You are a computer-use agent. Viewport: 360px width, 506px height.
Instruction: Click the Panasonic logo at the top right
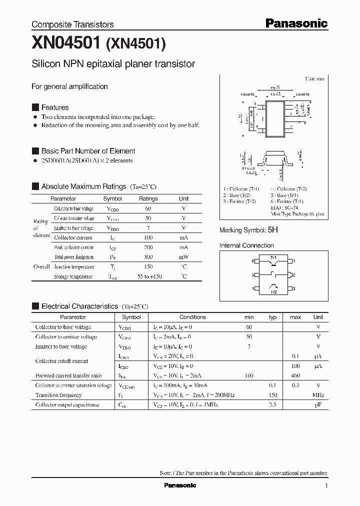pyautogui.click(x=296, y=23)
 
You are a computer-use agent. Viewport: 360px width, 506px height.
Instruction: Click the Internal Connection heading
pyautogui.click(x=246, y=245)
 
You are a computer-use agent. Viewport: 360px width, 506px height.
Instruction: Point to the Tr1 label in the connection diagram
pyautogui.click(x=273, y=257)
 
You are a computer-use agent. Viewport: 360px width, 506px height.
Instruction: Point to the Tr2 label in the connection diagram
pyautogui.click(x=273, y=292)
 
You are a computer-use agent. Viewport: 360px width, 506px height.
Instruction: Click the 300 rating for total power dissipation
pyautogui.click(x=148, y=256)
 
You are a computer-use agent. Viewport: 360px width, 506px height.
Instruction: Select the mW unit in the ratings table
pyautogui.click(x=183, y=256)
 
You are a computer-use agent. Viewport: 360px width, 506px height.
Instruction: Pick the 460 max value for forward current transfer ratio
pyautogui.click(x=295, y=375)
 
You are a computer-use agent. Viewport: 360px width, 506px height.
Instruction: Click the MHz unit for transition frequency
pyautogui.click(x=318, y=395)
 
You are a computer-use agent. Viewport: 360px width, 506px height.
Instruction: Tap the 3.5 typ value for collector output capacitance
pyautogui.click(x=272, y=405)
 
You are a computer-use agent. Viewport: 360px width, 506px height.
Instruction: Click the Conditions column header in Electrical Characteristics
pyautogui.click(x=192, y=317)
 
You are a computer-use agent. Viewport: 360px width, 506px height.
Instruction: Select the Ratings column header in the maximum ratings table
pyautogui.click(x=148, y=198)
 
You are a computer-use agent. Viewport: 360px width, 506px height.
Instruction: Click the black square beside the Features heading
pyautogui.click(x=35, y=107)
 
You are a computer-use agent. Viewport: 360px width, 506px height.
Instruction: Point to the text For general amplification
pyautogui.click(x=69, y=86)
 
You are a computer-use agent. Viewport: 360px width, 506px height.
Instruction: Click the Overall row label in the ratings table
pyautogui.click(x=41, y=266)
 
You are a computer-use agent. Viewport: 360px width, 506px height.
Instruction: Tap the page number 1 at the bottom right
pyautogui.click(x=326, y=486)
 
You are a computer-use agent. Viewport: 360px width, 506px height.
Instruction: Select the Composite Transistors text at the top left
pyautogui.click(x=72, y=24)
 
